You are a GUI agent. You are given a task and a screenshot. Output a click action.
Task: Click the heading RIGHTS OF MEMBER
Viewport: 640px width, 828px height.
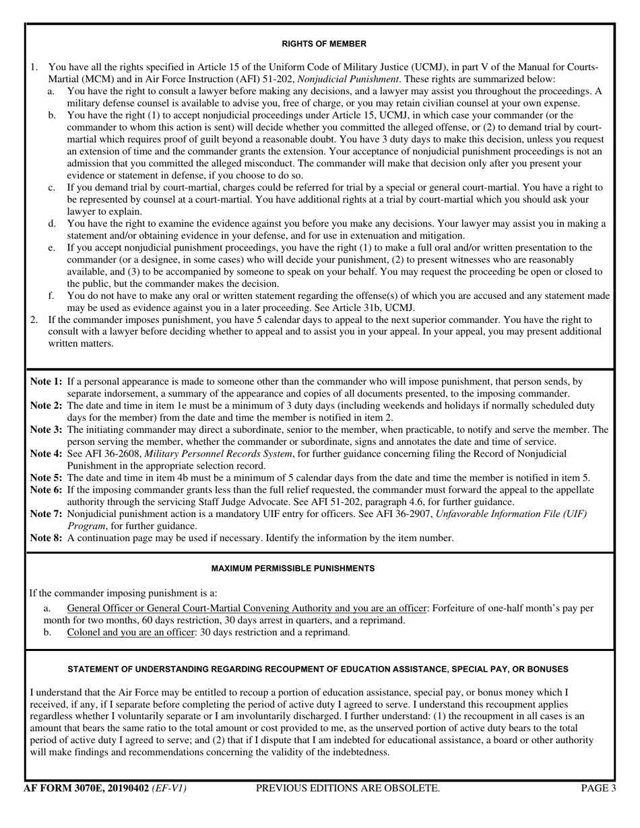324,44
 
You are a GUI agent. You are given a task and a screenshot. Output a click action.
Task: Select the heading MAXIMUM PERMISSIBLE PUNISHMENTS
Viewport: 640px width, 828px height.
293,568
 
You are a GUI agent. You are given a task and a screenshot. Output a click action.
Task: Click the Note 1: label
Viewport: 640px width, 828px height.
46,382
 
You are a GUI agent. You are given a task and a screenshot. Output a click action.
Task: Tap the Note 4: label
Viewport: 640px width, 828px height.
46,454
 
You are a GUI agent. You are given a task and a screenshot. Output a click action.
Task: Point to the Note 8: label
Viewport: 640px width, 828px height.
46,538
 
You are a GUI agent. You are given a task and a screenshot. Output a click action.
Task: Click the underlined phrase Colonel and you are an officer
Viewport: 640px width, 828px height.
131,632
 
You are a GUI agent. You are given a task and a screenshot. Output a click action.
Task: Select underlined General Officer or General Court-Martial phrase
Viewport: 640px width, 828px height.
247,608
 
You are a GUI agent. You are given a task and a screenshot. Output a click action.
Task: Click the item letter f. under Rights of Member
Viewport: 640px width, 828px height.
51,296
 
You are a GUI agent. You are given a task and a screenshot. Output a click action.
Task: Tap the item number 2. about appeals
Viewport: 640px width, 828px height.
34,320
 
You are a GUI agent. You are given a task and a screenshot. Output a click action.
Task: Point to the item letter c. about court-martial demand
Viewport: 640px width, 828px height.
51,187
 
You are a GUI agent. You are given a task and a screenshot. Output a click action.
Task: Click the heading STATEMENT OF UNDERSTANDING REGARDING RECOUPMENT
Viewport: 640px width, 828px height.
319,669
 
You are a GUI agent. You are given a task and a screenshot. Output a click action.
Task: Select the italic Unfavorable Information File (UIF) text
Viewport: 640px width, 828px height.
511,514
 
